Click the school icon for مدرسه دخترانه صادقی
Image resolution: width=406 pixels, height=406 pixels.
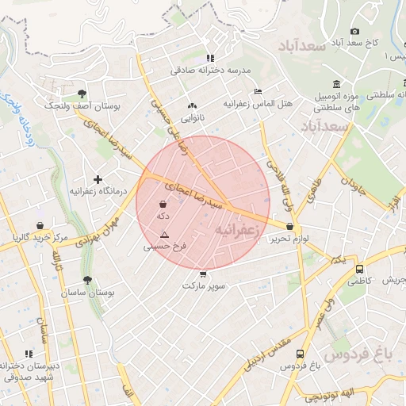pos(210,58)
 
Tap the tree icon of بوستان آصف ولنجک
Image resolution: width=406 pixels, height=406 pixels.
pos(82,93)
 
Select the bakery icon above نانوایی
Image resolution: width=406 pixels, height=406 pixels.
pos(192,105)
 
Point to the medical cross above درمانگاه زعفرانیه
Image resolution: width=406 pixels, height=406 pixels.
pos(98,179)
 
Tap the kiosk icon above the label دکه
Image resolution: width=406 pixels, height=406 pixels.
pos(163,204)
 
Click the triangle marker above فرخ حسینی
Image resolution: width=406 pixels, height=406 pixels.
pos(164,235)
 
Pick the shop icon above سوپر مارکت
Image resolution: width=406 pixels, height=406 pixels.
pos(204,274)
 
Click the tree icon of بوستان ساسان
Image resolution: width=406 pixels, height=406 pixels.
pos(86,280)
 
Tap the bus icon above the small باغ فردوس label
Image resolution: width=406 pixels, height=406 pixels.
pos(299,354)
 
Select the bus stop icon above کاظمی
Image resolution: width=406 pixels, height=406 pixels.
pos(359,269)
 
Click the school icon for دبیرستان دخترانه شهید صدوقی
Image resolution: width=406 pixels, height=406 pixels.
pos(29,354)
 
